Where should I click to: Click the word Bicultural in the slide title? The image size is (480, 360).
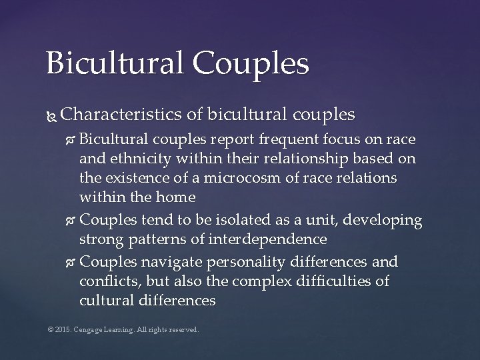(114, 64)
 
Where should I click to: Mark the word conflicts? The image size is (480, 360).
(107, 281)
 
